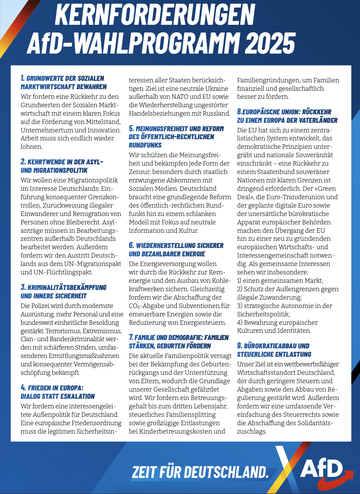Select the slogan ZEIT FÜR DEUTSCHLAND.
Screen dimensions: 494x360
200,472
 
